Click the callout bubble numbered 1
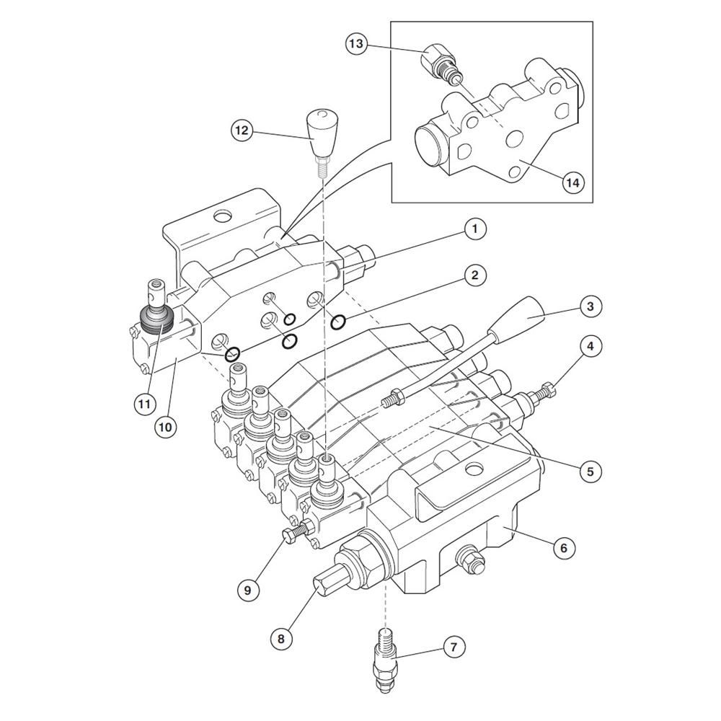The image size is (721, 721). tap(475, 229)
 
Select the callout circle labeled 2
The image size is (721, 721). tap(475, 275)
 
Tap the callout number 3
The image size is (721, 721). tap(590, 306)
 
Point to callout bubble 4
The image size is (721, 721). tap(590, 346)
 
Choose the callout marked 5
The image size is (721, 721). tap(590, 471)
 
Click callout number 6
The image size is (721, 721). tap(565, 548)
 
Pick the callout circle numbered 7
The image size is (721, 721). tap(454, 647)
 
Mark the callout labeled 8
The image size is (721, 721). tap(281, 639)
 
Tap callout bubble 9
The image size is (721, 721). tap(248, 590)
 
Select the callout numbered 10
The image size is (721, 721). tap(166, 427)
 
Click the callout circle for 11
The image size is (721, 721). tap(145, 404)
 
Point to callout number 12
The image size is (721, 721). tap(242, 131)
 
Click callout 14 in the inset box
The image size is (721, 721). tap(573, 182)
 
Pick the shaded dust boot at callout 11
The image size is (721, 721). tap(156, 319)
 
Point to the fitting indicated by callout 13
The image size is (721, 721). tap(440, 64)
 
